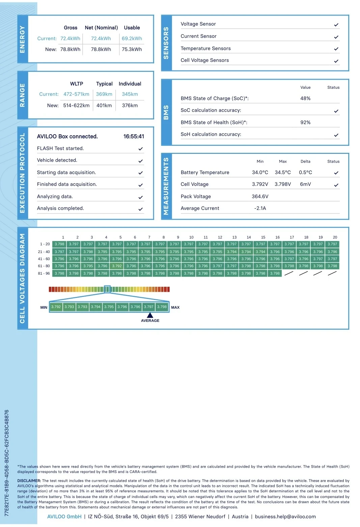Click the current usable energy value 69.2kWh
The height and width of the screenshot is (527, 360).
coord(132,38)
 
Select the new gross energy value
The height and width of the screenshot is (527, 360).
coord(70,49)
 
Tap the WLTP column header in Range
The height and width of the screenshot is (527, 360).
coord(77,84)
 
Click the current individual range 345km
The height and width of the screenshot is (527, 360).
coord(130,94)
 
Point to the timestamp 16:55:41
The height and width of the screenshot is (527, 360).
coord(134,136)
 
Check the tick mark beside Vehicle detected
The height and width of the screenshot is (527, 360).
coord(141,161)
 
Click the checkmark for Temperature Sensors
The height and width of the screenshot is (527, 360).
coord(336,49)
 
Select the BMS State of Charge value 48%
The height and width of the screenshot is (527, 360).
coord(305,98)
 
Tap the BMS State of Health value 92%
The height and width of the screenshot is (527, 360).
coord(305,122)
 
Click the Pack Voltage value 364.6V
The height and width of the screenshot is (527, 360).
coord(260,196)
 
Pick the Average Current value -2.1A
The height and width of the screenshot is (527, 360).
coord(260,208)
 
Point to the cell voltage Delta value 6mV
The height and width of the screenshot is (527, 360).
coord(305,184)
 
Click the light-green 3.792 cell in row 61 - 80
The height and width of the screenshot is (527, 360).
coord(117,266)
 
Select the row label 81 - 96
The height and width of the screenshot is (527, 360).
coord(44,273)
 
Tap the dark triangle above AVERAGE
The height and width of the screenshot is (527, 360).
coord(150,315)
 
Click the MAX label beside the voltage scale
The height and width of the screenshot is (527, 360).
coord(175,307)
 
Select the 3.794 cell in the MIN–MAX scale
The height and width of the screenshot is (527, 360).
coord(95,307)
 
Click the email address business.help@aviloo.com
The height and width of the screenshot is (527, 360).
coord(285,517)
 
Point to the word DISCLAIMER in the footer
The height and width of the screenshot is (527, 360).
coord(29,481)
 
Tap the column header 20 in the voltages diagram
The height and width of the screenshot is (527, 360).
coord(335,238)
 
